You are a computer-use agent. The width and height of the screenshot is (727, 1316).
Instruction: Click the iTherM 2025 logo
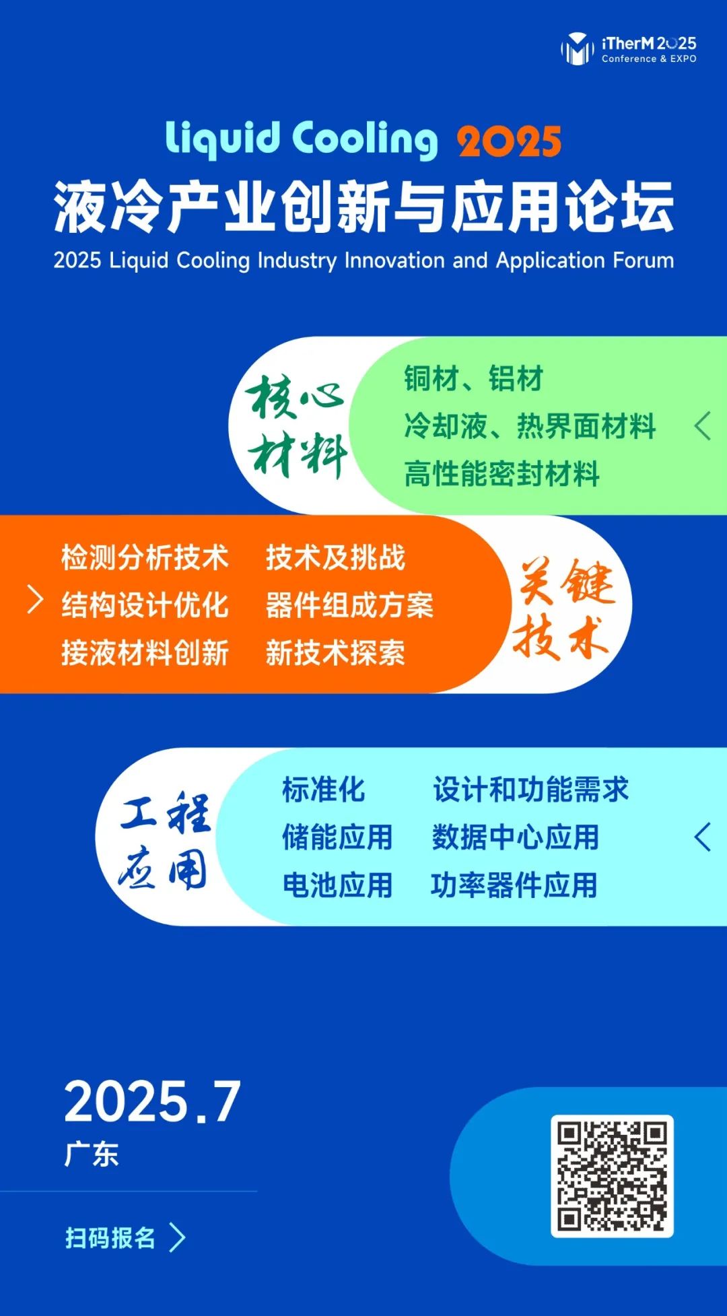click(x=629, y=48)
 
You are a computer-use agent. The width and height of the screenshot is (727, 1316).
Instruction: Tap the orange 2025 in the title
click(x=509, y=141)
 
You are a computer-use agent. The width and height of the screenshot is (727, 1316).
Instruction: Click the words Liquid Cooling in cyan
click(x=302, y=139)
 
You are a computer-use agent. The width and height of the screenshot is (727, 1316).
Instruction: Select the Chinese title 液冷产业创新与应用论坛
click(x=363, y=207)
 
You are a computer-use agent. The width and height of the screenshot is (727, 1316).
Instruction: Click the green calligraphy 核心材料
click(x=297, y=425)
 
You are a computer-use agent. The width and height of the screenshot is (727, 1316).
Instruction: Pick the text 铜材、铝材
click(x=473, y=378)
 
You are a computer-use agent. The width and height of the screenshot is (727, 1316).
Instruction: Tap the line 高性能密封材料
click(x=501, y=474)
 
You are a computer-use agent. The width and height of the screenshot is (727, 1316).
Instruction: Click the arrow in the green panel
click(x=702, y=426)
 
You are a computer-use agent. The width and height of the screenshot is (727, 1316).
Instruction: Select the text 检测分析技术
click(x=145, y=557)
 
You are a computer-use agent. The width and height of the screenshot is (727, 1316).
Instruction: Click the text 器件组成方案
click(x=349, y=605)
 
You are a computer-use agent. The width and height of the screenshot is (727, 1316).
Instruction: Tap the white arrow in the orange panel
click(x=35, y=599)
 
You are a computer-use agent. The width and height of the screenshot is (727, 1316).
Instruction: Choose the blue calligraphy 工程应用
click(x=165, y=840)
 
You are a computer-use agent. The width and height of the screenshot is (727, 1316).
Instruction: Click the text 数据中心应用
click(x=515, y=837)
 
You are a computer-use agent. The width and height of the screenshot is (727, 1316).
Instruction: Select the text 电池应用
click(x=337, y=885)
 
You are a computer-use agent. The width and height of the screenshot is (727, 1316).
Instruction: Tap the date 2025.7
click(x=152, y=1102)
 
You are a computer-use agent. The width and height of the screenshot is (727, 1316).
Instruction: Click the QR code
click(x=612, y=1176)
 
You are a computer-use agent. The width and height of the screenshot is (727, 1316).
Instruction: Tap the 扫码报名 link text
click(x=110, y=1237)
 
